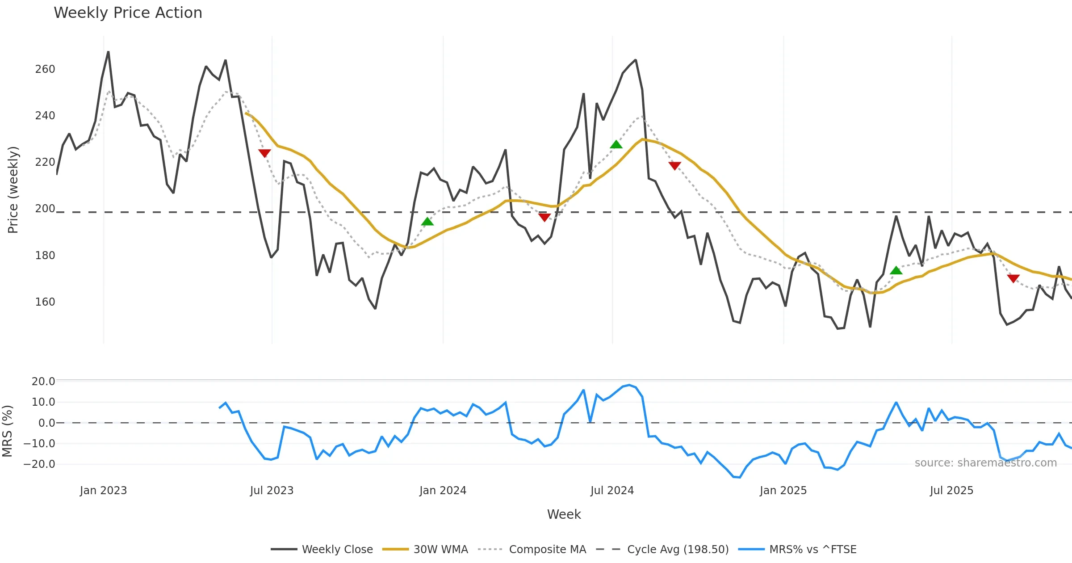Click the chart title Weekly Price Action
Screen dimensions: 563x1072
coord(128,13)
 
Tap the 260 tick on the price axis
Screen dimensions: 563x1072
coord(45,69)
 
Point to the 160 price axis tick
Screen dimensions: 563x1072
coord(45,302)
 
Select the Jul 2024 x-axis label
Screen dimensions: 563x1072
coord(612,491)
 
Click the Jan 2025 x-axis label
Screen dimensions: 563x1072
coord(783,491)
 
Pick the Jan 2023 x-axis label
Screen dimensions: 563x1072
coord(103,491)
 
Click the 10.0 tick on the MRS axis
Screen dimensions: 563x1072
coord(43,402)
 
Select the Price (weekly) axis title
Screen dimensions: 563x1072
coord(13,190)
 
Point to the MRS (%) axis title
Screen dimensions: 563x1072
coord(7,431)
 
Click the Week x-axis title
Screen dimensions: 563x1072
coord(564,515)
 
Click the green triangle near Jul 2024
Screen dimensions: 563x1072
coord(616,144)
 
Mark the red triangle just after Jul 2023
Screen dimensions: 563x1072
coord(264,153)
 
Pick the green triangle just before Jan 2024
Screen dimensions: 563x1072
coord(427,222)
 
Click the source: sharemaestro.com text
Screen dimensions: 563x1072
coord(985,463)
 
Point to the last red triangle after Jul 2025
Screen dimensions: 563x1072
coord(1013,278)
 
